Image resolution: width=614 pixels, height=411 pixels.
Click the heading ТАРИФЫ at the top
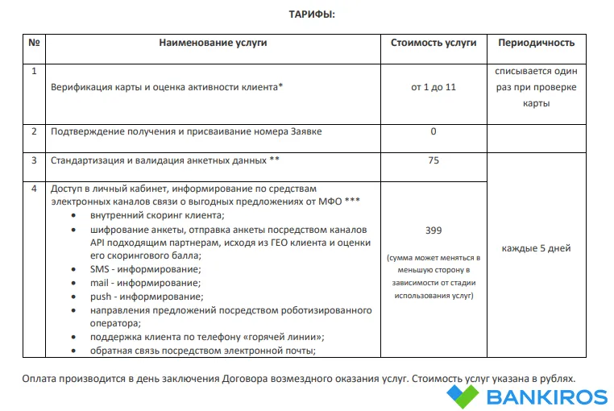(x=312, y=15)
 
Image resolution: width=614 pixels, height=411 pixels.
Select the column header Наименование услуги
(x=213, y=43)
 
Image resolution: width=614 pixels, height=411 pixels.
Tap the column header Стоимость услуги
(x=434, y=43)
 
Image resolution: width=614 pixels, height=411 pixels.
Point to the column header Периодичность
(x=537, y=43)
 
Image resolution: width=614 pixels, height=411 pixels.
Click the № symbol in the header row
(x=34, y=43)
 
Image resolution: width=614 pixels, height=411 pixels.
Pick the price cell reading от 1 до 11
(x=434, y=86)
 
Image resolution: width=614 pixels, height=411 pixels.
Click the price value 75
(x=434, y=160)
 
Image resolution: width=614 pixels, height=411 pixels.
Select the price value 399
(x=434, y=230)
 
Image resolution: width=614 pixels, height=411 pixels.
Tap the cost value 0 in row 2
(x=434, y=131)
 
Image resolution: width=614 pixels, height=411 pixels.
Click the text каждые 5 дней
(x=537, y=247)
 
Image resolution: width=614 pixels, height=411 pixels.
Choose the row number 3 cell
(x=34, y=160)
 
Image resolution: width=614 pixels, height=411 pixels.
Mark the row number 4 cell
(x=34, y=189)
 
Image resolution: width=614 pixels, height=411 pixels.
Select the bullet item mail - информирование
(x=146, y=283)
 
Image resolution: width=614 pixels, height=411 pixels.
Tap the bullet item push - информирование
(x=146, y=297)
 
